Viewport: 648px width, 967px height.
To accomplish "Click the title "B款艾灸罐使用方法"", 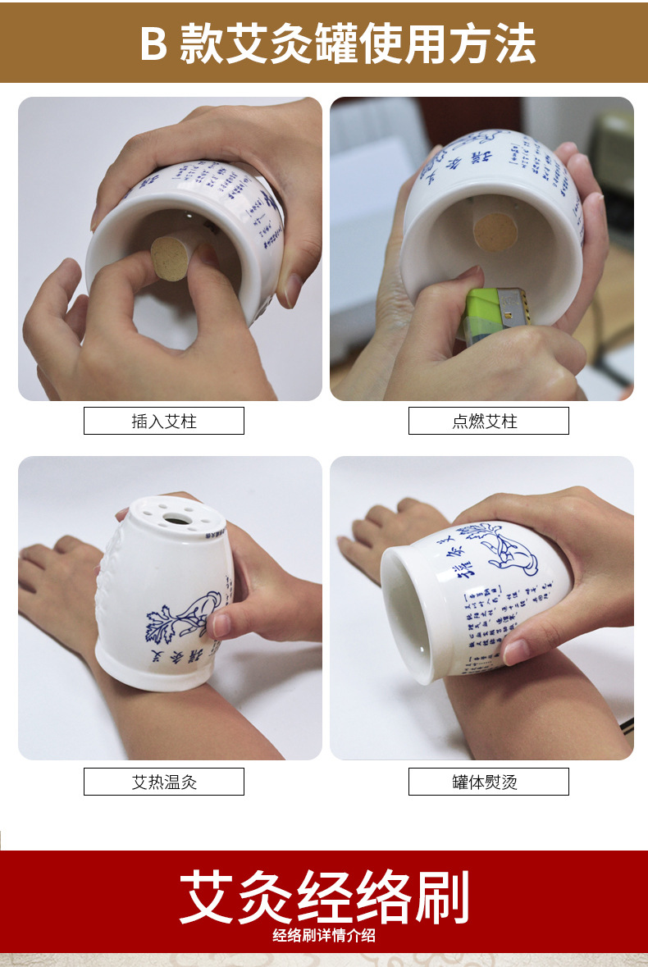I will (x=337, y=43).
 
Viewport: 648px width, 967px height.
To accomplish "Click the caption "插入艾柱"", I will (x=164, y=422).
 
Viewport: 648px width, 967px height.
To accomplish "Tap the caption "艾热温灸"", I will (x=164, y=782).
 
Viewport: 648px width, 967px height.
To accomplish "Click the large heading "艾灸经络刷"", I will (x=324, y=898).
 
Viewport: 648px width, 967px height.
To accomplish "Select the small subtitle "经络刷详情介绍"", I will (x=324, y=936).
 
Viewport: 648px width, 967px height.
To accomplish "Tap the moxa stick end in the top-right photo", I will (x=495, y=231).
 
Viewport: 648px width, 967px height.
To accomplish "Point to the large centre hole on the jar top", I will (x=174, y=518).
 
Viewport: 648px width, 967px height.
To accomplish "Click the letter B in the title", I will (x=153, y=44).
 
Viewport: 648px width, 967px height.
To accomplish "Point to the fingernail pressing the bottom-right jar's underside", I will (x=515, y=651).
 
